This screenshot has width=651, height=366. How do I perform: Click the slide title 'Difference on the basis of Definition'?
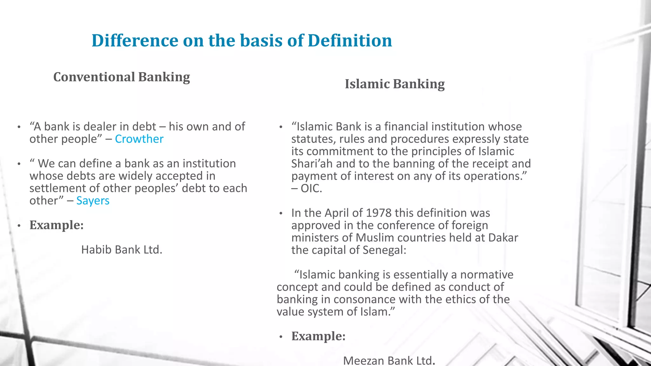tap(242, 41)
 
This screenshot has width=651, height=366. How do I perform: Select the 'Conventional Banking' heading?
tap(121, 77)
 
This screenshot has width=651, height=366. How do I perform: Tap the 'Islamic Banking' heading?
tap(394, 84)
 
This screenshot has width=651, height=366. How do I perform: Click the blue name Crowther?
tap(139, 139)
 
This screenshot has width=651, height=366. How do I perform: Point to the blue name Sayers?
tap(93, 201)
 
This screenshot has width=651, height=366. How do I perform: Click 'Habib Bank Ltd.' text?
tap(122, 250)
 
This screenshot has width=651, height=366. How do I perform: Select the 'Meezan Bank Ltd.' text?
tap(389, 361)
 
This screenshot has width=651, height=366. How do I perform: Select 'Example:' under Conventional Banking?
tap(57, 225)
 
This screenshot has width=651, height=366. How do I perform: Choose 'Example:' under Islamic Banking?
tap(318, 336)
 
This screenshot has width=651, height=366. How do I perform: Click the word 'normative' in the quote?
tap(487, 274)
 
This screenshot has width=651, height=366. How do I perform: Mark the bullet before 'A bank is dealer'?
tap(19, 127)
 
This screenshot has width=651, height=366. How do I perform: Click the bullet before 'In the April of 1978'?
tap(281, 213)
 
